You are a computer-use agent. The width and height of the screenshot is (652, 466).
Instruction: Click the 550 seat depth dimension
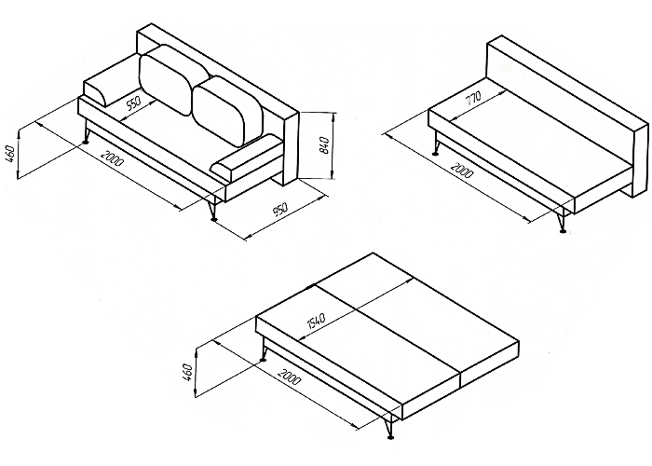pyautogui.click(x=133, y=103)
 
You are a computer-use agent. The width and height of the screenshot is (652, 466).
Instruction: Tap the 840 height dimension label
pyautogui.click(x=326, y=144)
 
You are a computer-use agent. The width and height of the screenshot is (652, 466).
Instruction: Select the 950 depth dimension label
pyautogui.click(x=280, y=210)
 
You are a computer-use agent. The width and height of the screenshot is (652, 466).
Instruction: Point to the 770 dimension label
pyautogui.click(x=472, y=98)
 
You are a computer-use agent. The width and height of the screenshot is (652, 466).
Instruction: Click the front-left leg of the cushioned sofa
pyautogui.click(x=87, y=132)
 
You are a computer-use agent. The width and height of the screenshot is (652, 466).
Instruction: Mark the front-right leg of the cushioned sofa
pyautogui.click(x=213, y=210)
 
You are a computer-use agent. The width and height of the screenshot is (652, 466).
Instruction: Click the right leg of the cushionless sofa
pyautogui.click(x=563, y=221)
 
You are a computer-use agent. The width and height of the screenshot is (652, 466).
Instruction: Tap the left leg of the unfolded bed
pyautogui.click(x=263, y=349)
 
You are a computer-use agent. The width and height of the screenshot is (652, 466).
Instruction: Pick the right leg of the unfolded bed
pyautogui.click(x=388, y=427)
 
